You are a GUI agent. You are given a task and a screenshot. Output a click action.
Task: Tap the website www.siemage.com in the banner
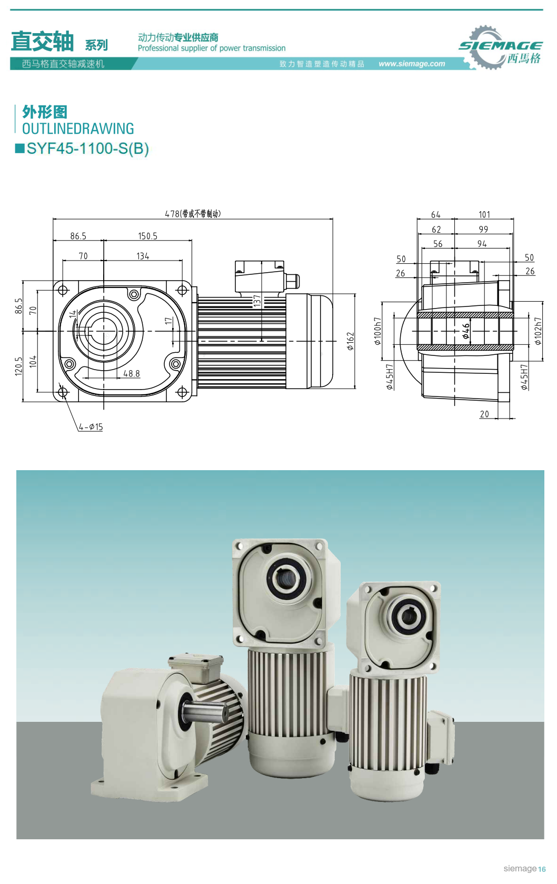click(x=412, y=64)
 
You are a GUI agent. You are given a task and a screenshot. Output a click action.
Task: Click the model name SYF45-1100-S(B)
click(x=87, y=148)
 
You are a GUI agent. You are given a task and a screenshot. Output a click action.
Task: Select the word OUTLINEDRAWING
click(x=78, y=128)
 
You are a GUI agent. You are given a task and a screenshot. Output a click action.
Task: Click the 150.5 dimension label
click(x=147, y=236)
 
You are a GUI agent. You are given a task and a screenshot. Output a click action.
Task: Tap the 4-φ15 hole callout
click(x=91, y=427)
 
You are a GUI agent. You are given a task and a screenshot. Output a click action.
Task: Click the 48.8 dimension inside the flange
click(x=132, y=373)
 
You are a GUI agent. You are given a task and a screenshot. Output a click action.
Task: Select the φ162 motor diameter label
click(x=350, y=341)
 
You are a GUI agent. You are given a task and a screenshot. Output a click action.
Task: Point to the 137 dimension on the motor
click(x=257, y=301)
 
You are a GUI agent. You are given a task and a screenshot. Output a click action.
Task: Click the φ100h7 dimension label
click(x=377, y=331)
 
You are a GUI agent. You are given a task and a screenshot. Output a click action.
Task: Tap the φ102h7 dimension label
click(x=538, y=331)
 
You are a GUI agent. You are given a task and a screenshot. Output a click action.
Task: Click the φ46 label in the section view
click(x=465, y=331)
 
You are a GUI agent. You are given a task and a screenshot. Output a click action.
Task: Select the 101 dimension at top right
click(x=484, y=214)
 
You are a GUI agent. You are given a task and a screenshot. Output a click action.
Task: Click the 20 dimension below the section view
click(x=484, y=414)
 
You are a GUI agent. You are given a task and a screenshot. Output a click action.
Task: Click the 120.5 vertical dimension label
click(x=19, y=366)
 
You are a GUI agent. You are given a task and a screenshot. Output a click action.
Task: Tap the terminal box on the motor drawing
click(x=260, y=276)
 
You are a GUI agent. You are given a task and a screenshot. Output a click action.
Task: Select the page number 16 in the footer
click(x=542, y=869)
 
